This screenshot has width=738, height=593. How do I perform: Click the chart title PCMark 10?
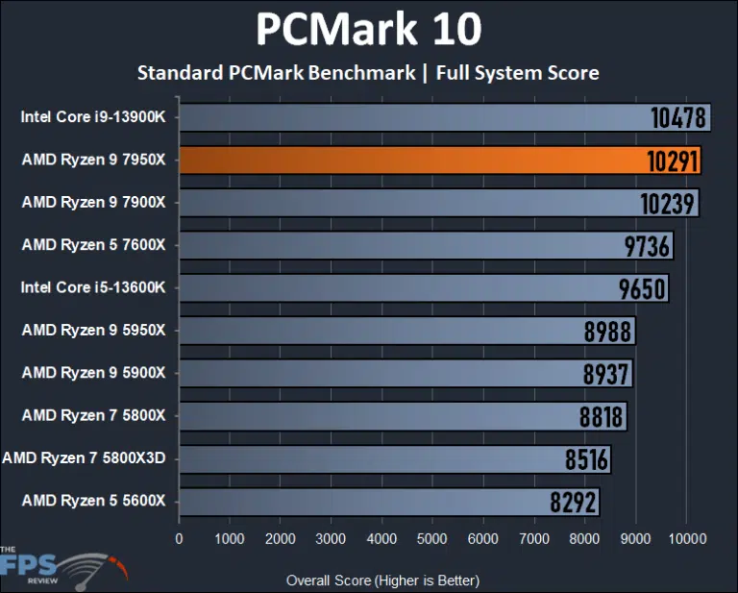coord(368,30)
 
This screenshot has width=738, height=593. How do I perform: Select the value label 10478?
coord(678,118)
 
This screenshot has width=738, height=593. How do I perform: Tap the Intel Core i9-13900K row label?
coord(93,118)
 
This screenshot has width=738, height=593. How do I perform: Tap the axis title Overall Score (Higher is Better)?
coord(382,581)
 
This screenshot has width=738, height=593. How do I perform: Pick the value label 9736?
coord(647,246)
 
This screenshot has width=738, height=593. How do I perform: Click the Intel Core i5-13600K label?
coord(93,287)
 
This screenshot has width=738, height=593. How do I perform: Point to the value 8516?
coord(586,460)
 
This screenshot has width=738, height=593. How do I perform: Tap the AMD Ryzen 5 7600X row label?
coord(93,245)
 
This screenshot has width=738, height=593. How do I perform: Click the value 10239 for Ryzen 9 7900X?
coord(668,204)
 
